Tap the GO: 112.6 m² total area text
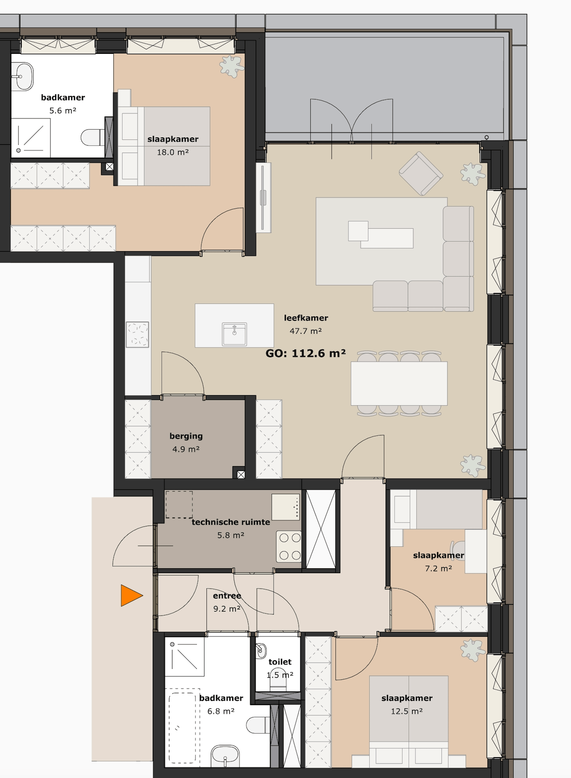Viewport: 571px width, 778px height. point(305,353)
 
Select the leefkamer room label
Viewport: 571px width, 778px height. point(306,318)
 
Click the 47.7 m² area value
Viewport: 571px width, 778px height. point(305,331)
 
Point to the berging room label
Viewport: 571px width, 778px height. point(186,436)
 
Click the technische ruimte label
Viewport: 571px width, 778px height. point(231,522)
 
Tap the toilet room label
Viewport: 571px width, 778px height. point(280,662)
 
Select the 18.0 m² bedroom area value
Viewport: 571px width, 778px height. point(173,152)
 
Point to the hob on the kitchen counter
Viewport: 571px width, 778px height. point(137,334)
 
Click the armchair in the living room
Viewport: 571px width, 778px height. point(421,173)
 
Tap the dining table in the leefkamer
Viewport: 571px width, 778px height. point(399,383)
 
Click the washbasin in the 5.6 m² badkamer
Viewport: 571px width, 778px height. point(22,76)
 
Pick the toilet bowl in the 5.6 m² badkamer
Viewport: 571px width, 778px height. point(92,137)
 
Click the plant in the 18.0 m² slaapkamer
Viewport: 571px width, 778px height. point(231,66)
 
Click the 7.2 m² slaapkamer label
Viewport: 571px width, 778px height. point(438,555)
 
